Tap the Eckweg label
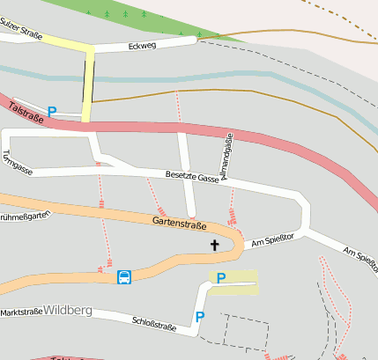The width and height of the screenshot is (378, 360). pyautogui.click(x=141, y=45)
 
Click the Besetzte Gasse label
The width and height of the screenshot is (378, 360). pyautogui.click(x=192, y=177)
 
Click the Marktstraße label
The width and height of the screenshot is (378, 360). pyautogui.click(x=20, y=312)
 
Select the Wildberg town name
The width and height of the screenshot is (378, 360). pyautogui.click(x=68, y=311)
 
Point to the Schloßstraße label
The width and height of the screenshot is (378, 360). pyautogui.click(x=153, y=325)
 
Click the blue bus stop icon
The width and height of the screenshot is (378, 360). pyautogui.click(x=125, y=278)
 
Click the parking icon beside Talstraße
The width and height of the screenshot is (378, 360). pyautogui.click(x=52, y=112)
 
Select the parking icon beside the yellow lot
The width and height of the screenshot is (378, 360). pyautogui.click(x=220, y=278)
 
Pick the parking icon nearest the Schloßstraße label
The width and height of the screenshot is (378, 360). pyautogui.click(x=200, y=316)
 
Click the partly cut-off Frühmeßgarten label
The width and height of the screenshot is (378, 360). pyautogui.click(x=19, y=216)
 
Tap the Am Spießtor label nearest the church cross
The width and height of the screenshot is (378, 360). pyautogui.click(x=271, y=239)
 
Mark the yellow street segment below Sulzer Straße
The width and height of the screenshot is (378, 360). pyautogui.click(x=88, y=84)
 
